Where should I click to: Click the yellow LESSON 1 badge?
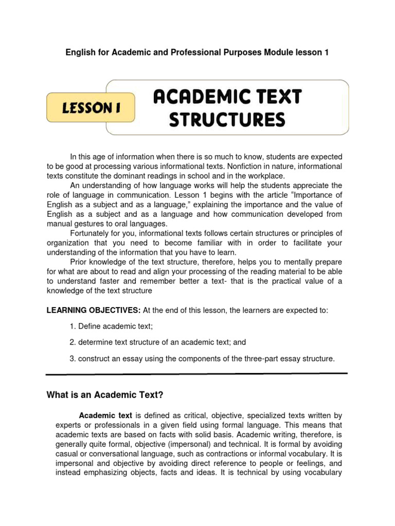click(91, 107)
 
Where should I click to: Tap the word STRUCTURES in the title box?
click(227, 120)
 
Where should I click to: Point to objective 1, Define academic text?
click(111, 326)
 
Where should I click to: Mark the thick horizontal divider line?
click(197, 373)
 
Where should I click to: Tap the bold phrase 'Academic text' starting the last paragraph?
click(105, 415)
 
